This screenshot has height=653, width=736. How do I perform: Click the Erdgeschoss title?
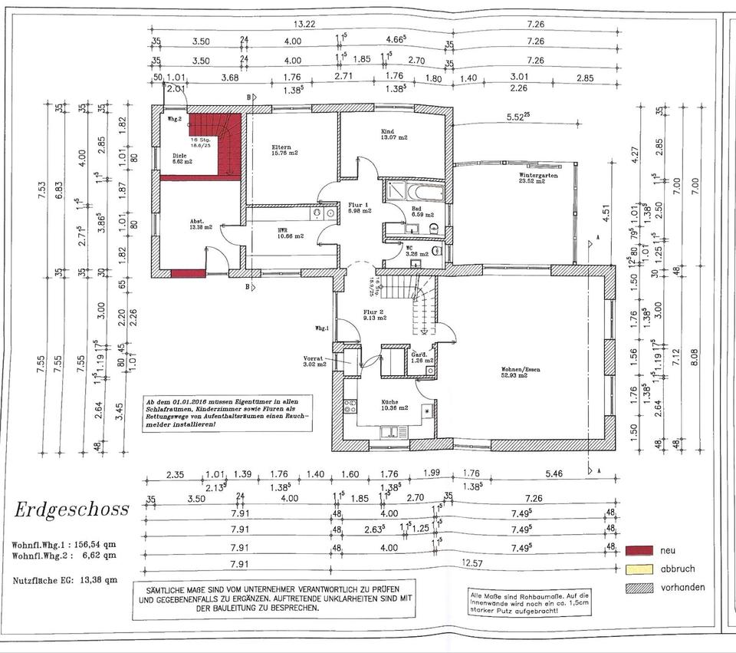coord(71,510)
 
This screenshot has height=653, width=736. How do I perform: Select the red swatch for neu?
coord(640,550)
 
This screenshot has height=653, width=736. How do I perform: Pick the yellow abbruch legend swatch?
coord(640,569)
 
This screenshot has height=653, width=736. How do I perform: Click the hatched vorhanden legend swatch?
coord(640,588)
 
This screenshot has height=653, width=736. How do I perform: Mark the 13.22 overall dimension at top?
coord(304,24)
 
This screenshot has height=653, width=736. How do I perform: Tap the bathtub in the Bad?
coord(416,190)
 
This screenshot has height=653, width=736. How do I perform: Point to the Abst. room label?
coord(195,222)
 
